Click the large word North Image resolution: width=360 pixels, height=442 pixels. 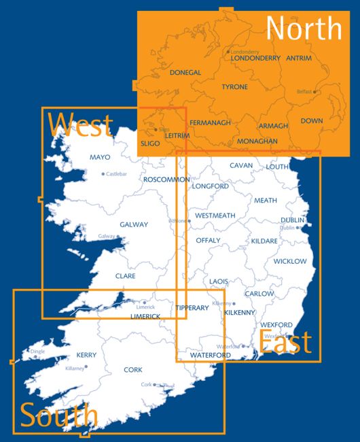pyautogui.click(x=304, y=29)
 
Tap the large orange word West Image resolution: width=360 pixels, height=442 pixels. pyautogui.click(x=80, y=125)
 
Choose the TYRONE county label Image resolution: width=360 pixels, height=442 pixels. pyautogui.click(x=234, y=87)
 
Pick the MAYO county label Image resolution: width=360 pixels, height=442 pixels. pyautogui.click(x=100, y=158)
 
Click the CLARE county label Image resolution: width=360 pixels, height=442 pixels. pyautogui.click(x=125, y=276)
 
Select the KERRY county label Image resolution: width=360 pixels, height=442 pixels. pyautogui.click(x=86, y=355)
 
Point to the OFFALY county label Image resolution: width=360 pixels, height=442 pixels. pyautogui.click(x=208, y=241)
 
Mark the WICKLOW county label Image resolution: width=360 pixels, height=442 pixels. pyautogui.click(x=290, y=262)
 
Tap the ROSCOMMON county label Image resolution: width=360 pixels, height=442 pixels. pyautogui.click(x=166, y=180)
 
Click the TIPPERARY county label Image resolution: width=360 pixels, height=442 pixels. pyautogui.click(x=192, y=308)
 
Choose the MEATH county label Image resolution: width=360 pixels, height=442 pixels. pyautogui.click(x=266, y=201)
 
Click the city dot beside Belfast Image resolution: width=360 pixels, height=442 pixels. pyautogui.click(x=314, y=91)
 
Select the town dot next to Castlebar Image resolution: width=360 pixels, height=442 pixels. pyautogui.click(x=103, y=174)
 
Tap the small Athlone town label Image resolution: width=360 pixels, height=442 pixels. pyautogui.click(x=177, y=221)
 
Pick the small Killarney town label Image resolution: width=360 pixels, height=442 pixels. pyautogui.click(x=74, y=368)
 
